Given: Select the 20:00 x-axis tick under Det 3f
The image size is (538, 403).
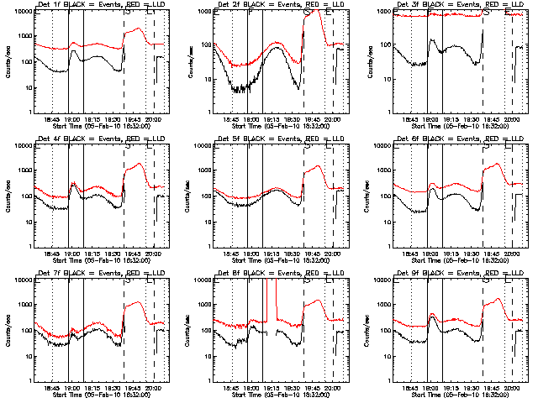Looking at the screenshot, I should pyautogui.click(x=510, y=119).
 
